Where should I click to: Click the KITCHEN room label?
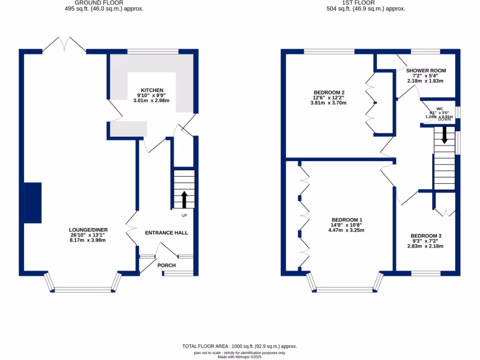(x=152, y=90)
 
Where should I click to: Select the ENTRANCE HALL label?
(x=166, y=232)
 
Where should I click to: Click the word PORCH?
(x=166, y=265)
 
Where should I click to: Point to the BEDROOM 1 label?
(x=347, y=220)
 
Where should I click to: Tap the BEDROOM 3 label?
(x=426, y=236)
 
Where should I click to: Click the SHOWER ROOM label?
(x=426, y=71)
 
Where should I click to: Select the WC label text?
(x=439, y=108)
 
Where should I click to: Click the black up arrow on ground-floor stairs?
(x=184, y=199)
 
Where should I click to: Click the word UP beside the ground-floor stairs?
(x=184, y=216)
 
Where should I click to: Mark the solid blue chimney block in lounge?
(x=33, y=203)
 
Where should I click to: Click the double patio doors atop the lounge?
(x=64, y=45)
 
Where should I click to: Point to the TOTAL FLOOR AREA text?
(x=240, y=346)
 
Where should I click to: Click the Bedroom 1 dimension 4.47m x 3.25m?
(x=346, y=230)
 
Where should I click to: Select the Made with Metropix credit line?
(x=240, y=357)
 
